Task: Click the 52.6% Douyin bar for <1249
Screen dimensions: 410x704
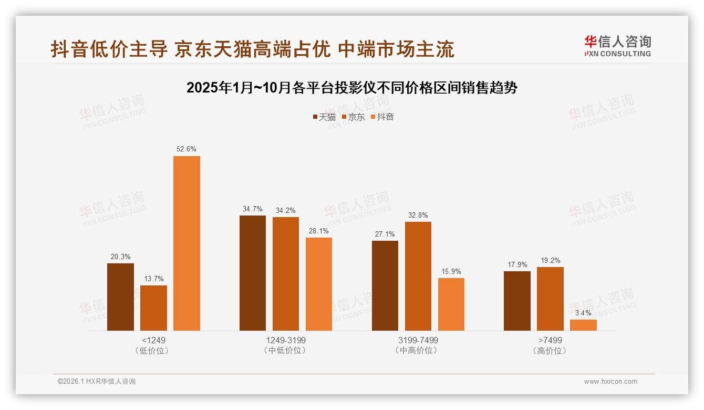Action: (x=187, y=243)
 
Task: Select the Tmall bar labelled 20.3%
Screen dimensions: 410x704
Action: (x=120, y=296)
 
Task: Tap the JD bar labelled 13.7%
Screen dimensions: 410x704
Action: (x=153, y=307)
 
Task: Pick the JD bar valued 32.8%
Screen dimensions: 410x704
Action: (x=418, y=276)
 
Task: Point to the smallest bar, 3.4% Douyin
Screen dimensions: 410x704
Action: (x=583, y=325)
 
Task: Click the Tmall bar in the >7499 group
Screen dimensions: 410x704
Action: (x=517, y=301)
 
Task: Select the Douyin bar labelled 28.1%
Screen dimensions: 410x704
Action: (x=319, y=284)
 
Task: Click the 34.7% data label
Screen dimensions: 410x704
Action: (x=253, y=209)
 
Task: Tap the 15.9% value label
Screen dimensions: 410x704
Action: (x=451, y=271)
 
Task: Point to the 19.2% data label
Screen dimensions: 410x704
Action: (x=550, y=260)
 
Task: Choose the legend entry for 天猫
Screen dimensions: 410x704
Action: (x=324, y=117)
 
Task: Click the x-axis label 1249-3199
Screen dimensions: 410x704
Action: (x=286, y=340)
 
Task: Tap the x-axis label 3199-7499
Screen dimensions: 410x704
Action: (x=418, y=340)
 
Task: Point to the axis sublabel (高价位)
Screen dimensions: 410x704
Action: (x=550, y=351)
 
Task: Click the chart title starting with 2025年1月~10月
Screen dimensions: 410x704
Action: (x=352, y=88)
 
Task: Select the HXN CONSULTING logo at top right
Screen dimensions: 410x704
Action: (x=617, y=46)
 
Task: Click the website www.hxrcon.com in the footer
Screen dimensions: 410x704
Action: (x=610, y=382)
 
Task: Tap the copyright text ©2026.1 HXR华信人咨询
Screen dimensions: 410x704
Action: (x=97, y=382)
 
